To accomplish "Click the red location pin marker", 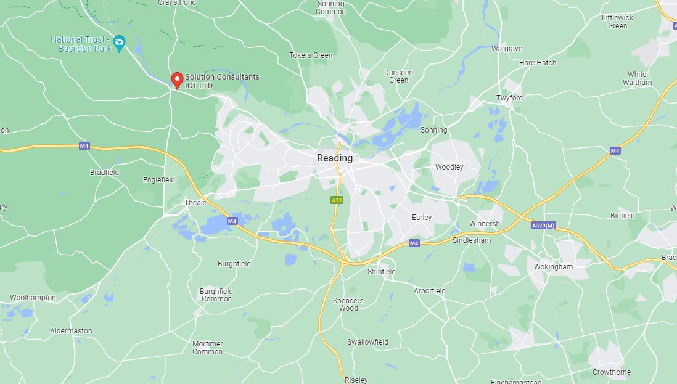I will click(177, 80).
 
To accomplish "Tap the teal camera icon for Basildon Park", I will click(120, 43).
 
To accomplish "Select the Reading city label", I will click(335, 158).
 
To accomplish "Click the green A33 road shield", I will click(337, 200).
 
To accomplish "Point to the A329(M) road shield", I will click(543, 226).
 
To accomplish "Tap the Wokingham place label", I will click(553, 267).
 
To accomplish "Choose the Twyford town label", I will click(509, 98).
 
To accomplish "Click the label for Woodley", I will click(449, 167).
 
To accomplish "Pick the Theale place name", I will click(195, 202).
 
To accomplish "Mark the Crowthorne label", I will click(611, 372).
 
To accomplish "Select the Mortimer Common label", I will click(207, 348).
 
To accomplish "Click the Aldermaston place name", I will click(71, 331).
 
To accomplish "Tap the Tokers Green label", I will click(311, 55).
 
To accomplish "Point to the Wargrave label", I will click(507, 48).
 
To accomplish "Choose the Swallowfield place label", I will click(367, 341).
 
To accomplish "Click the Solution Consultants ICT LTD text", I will click(222, 81).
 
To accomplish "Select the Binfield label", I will click(622, 216).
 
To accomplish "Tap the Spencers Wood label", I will click(348, 304).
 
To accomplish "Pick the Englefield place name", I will click(159, 180).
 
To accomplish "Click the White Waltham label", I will click(637, 78).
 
